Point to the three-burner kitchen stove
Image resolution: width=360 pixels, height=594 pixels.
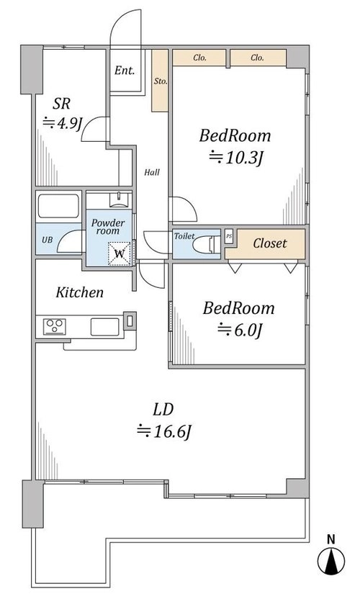tap(55, 327)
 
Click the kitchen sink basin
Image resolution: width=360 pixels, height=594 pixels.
tap(105, 327)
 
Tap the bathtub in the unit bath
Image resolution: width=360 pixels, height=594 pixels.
tap(59, 207)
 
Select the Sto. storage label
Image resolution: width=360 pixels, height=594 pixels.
tap(160, 81)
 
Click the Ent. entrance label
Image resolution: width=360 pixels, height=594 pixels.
tap(125, 71)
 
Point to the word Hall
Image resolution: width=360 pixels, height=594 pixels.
tap(152, 172)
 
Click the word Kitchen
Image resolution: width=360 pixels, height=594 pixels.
tap(80, 292)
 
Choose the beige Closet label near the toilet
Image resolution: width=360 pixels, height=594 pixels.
tap(270, 243)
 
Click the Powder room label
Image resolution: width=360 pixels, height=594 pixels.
tap(108, 227)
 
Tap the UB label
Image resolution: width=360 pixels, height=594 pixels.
tap(47, 240)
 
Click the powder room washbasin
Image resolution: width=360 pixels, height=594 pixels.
tap(119, 199)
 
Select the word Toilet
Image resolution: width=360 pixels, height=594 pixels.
tap(184, 236)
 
